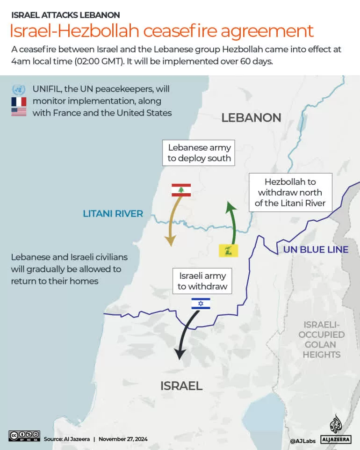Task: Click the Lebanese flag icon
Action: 181,190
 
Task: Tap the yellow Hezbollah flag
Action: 229,250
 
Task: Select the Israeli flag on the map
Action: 201,304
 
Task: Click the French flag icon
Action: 19,102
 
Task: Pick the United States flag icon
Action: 19,112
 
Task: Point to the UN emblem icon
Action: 19,89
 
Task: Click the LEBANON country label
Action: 251,117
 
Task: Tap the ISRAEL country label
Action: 181,386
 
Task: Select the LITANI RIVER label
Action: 113,214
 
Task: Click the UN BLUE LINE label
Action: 316,249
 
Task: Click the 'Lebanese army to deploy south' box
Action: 200,153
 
